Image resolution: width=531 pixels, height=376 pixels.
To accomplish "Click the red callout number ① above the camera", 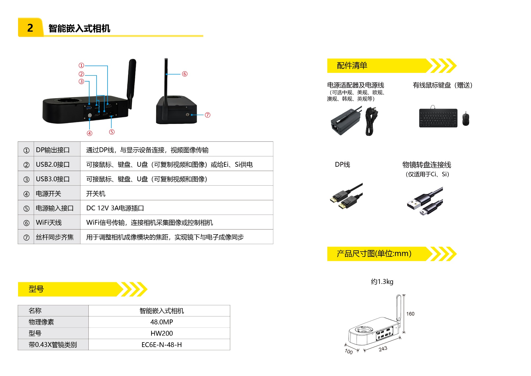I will pyautogui.click(x=81, y=65).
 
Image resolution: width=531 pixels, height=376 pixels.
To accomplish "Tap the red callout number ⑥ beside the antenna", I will pyautogui.click(x=185, y=74).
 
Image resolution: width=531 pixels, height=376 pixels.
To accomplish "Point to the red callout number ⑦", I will pyautogui.click(x=208, y=115).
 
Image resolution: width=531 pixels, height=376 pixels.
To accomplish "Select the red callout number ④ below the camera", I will pyautogui.click(x=90, y=133).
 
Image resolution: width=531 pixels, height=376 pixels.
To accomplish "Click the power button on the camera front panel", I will pyautogui.click(x=90, y=115).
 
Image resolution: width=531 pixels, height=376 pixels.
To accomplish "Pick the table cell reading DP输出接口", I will pyautogui.click(x=53, y=150).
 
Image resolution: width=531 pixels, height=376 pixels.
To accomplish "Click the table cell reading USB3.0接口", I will pyautogui.click(x=53, y=179).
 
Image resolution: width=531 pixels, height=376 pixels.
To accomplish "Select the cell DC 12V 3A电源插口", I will pyautogui.click(x=115, y=208).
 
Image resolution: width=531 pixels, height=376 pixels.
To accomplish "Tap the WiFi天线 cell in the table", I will pyautogui.click(x=49, y=222).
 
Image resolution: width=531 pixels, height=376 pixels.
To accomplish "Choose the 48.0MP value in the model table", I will pyautogui.click(x=161, y=322).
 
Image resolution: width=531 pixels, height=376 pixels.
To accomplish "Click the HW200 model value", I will pyautogui.click(x=161, y=333).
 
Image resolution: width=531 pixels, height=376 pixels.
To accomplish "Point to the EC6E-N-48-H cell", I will pyautogui.click(x=161, y=345).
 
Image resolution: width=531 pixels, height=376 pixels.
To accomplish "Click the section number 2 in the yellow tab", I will pyautogui.click(x=30, y=28).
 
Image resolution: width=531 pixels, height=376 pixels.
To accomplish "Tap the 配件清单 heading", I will pyautogui.click(x=352, y=65).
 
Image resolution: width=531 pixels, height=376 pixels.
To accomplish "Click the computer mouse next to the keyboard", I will pyautogui.click(x=466, y=118).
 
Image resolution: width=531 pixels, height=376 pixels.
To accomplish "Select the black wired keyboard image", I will pyautogui.click(x=438, y=118).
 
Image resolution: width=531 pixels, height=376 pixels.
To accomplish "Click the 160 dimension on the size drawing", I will pyautogui.click(x=410, y=314).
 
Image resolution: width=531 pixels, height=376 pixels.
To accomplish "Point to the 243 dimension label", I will pyautogui.click(x=383, y=349).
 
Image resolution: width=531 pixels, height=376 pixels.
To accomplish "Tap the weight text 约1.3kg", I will pyautogui.click(x=382, y=282).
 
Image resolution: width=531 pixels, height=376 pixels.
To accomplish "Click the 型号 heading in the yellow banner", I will pyautogui.click(x=36, y=289).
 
